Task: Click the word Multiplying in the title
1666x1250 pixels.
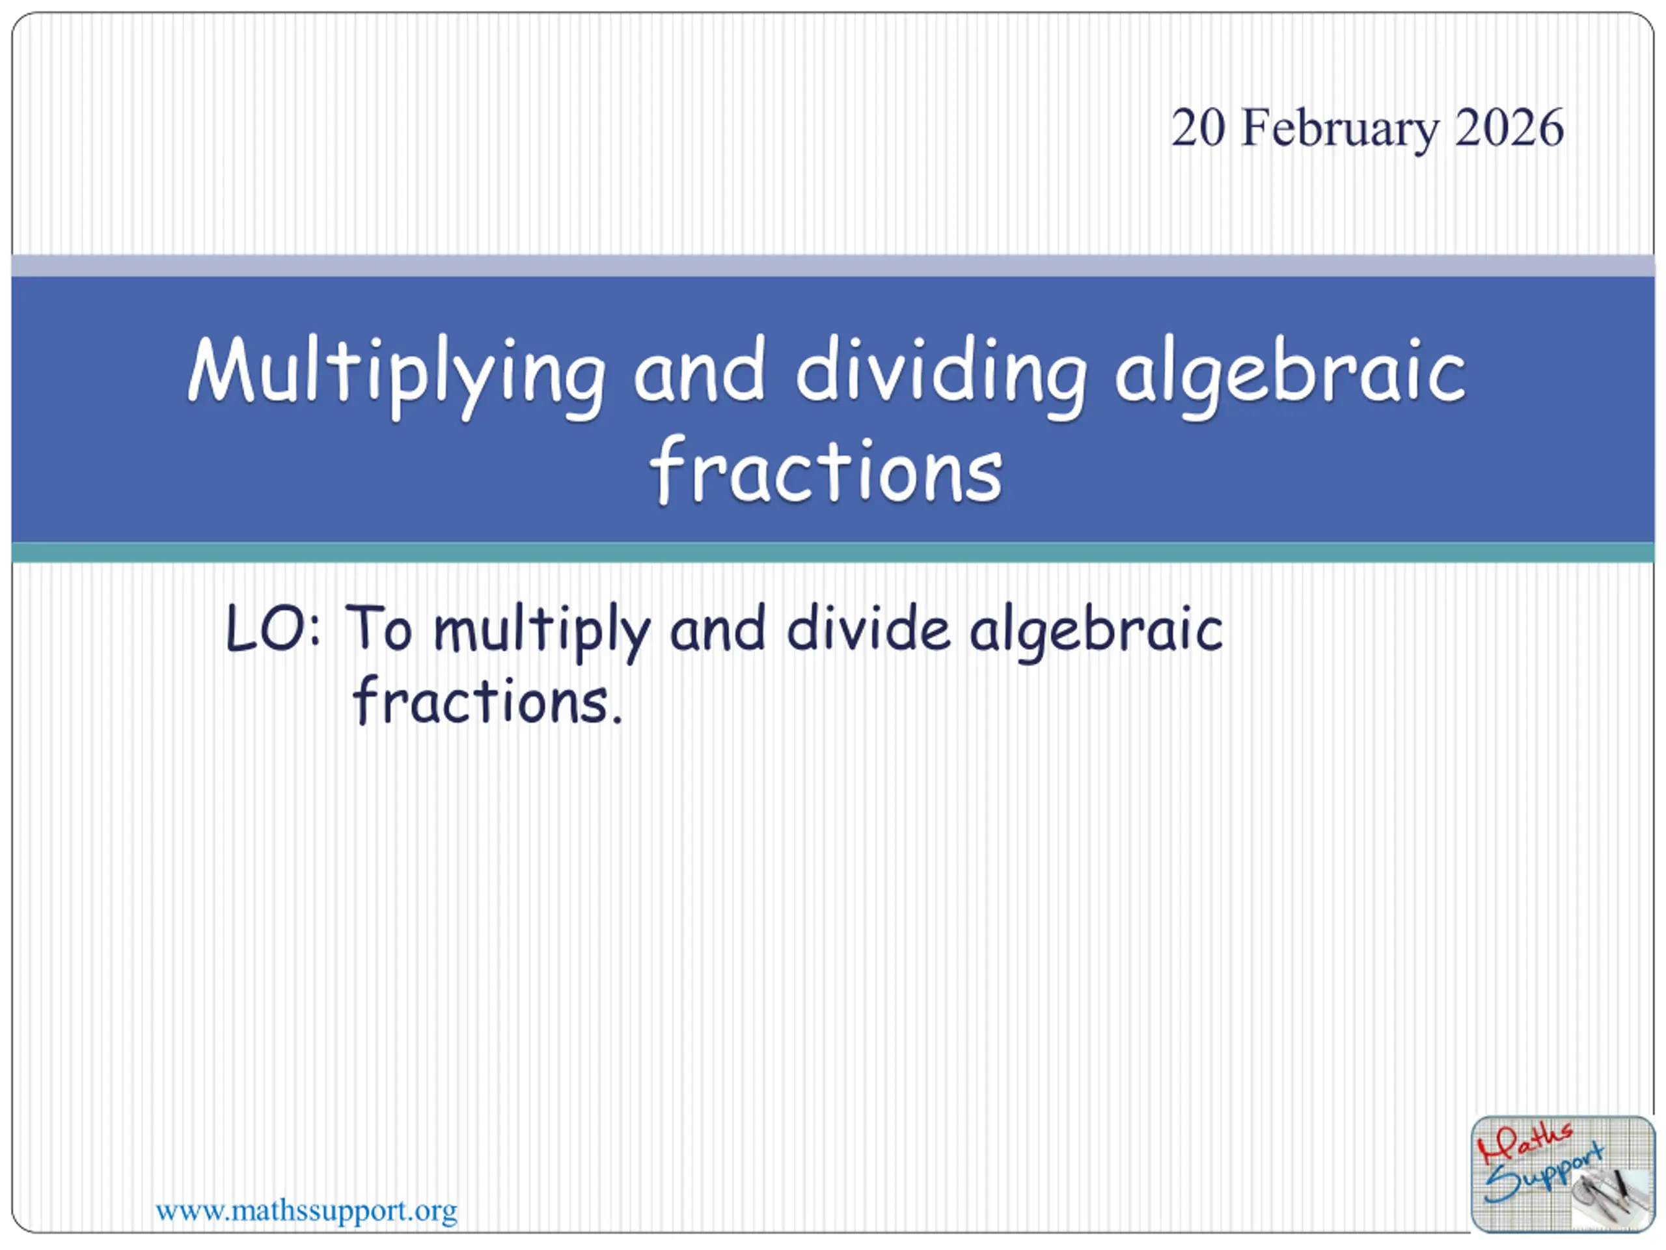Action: click(397, 376)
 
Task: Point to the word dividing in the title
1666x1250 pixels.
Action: click(942, 376)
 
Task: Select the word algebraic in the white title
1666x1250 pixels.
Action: click(1290, 376)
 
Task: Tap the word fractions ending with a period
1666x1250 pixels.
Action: click(487, 700)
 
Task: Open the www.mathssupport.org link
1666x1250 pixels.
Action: click(307, 1212)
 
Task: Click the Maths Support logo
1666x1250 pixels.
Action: click(1563, 1174)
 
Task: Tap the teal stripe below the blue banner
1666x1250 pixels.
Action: click(833, 552)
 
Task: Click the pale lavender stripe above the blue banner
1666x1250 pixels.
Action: click(833, 266)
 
